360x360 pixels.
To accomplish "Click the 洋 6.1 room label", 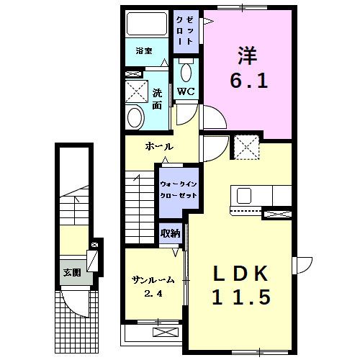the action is click(249, 68).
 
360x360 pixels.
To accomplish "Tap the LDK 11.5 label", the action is click(241, 285).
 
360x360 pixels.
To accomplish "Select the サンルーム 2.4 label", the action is click(153, 287).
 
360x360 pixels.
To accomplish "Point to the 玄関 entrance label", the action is click(72, 273).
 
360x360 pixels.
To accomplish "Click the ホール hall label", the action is click(159, 146).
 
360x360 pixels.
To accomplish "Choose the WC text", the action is click(186, 91).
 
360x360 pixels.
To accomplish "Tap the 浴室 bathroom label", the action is click(144, 51).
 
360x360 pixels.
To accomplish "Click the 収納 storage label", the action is click(171, 233).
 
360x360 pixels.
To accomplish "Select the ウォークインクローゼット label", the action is click(179, 189).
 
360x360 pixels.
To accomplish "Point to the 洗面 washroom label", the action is click(157, 99).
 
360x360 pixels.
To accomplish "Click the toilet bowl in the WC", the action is click(186, 72).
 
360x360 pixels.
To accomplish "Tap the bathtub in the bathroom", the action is click(147, 24).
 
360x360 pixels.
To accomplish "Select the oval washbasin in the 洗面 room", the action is click(135, 117).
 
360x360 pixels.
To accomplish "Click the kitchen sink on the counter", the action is click(244, 196).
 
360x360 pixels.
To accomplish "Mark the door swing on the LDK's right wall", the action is click(302, 265).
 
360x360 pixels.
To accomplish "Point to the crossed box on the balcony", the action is click(167, 333).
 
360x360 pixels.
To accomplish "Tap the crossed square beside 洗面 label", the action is click(137, 91).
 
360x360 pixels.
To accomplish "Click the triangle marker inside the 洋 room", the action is click(208, 22).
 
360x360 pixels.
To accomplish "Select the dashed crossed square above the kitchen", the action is click(246, 147).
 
